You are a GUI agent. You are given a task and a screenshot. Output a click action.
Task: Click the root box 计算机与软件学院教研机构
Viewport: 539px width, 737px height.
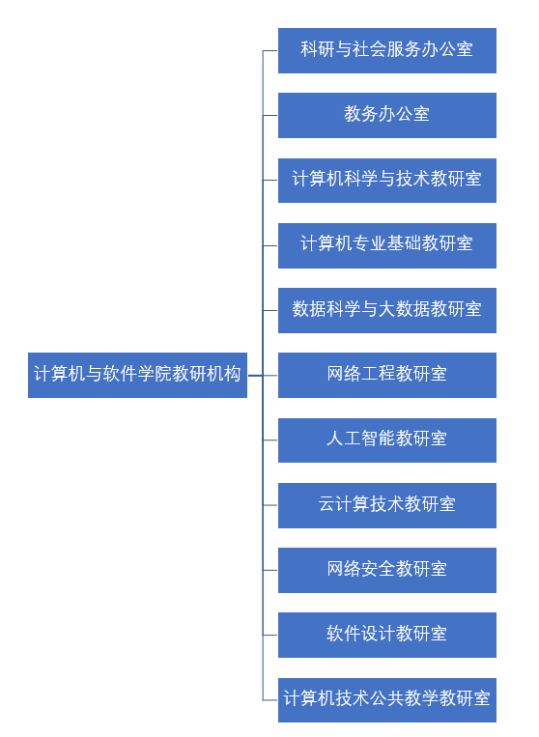[137, 375]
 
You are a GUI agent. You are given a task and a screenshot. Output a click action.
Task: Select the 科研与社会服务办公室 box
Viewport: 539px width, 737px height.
[387, 50]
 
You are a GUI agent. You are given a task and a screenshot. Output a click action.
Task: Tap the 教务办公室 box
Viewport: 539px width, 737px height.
[387, 115]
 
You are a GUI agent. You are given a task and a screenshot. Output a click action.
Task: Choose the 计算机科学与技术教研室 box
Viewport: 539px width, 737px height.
[387, 181]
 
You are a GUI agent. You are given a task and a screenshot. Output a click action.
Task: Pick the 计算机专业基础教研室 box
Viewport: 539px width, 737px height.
[387, 245]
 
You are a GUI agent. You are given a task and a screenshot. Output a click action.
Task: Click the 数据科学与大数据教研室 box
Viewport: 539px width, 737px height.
[387, 310]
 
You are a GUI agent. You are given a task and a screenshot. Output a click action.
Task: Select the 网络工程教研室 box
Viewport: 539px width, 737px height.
[387, 375]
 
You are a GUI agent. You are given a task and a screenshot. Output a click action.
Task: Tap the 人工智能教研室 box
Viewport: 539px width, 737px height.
[387, 439]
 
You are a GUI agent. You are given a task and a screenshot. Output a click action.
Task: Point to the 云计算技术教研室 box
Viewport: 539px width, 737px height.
[387, 505]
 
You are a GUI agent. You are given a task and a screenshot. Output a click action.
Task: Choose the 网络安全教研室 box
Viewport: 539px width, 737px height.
[387, 570]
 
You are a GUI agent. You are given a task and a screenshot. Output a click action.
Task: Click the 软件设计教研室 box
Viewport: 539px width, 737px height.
[387, 635]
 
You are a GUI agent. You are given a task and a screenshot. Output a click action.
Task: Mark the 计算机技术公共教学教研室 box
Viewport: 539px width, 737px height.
[387, 700]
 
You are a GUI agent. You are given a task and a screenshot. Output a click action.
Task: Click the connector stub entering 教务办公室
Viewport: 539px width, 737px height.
[270, 115]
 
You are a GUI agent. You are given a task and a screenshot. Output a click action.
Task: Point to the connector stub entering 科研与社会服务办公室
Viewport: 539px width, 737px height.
[270, 50]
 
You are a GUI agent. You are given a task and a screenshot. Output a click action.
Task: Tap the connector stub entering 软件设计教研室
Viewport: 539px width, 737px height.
[270, 635]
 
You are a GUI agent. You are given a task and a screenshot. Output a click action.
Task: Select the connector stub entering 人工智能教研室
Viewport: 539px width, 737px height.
[270, 439]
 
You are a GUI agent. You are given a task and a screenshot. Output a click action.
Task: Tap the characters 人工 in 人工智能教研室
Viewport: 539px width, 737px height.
[344, 439]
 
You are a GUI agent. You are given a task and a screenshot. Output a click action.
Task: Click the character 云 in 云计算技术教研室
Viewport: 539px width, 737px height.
[326, 504]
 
